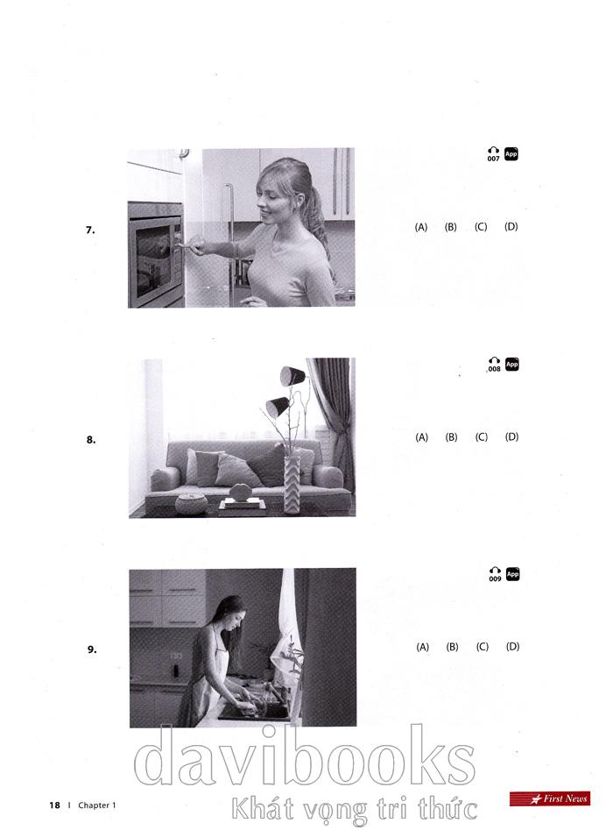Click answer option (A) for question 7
click(421, 227)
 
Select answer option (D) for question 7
click(511, 226)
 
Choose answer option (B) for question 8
click(451, 437)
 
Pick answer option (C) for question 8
click(482, 437)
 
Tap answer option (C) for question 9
click(483, 647)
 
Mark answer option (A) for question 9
click(423, 647)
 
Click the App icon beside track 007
click(511, 154)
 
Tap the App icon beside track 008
click(512, 365)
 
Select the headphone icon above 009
click(495, 570)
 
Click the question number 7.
click(90, 231)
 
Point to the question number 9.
click(92, 649)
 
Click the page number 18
click(54, 805)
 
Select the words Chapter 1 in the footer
click(97, 805)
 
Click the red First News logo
click(550, 798)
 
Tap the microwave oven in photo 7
click(156, 255)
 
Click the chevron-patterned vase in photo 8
click(292, 485)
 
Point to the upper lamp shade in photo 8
click(292, 375)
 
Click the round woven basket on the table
click(192, 504)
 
